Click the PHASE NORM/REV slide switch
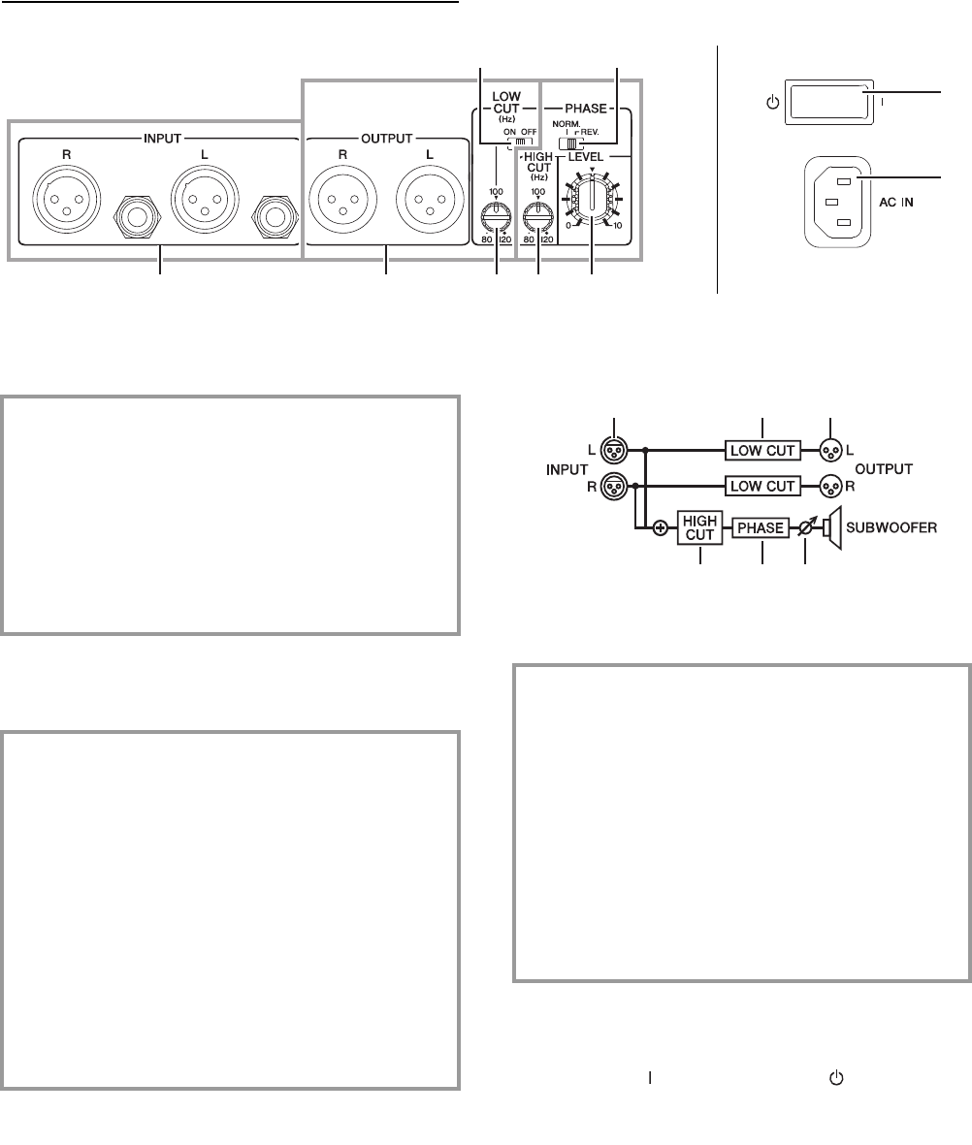point(564,143)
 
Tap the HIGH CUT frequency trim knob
point(537,207)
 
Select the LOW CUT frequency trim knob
point(497,207)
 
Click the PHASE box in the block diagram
point(761,529)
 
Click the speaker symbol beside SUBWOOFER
point(831,529)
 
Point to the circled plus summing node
point(661,529)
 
